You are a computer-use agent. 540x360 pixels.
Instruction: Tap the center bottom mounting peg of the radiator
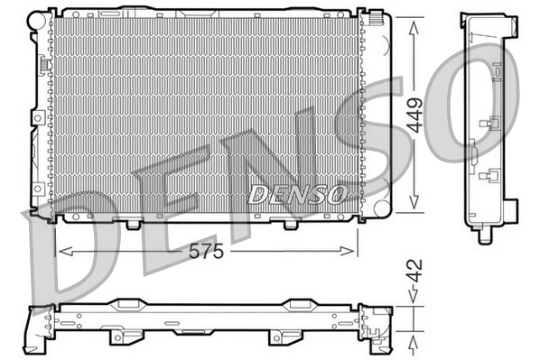pyautogui.click(x=134, y=222)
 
